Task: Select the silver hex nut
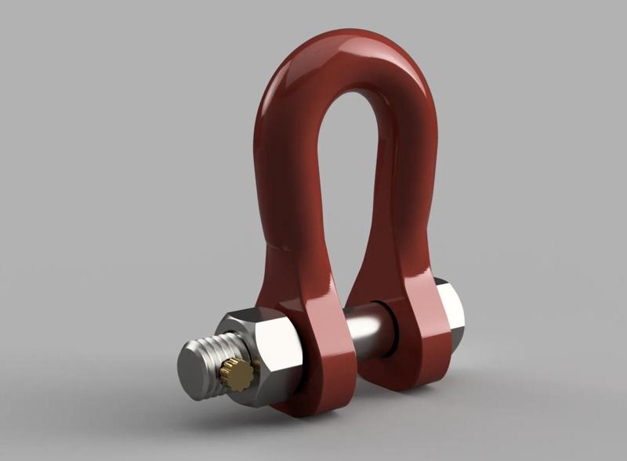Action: [x=263, y=353]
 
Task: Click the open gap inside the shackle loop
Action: [x=345, y=180]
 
